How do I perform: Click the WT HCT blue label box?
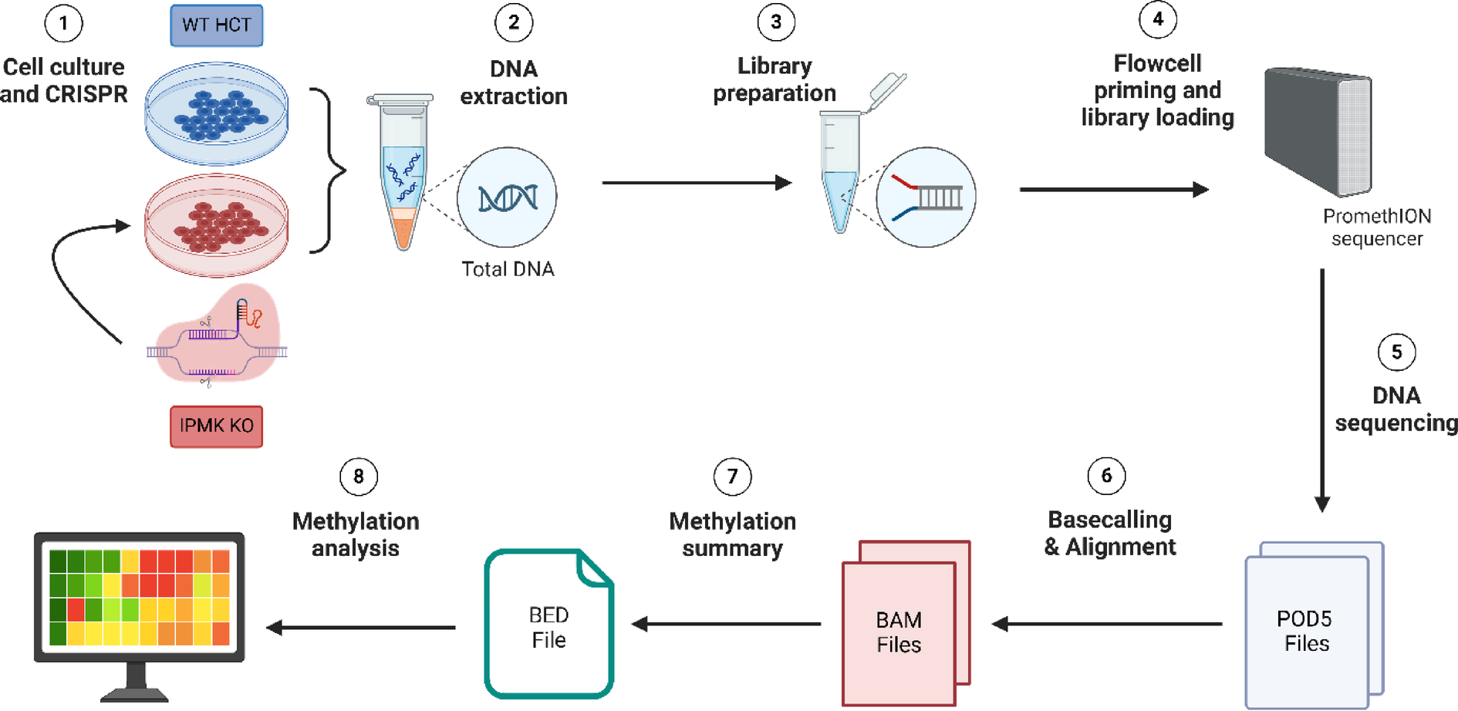[216, 25]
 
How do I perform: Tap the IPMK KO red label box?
[216, 426]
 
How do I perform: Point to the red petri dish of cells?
[217, 224]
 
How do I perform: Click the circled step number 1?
[63, 23]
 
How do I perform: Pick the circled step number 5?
[1396, 352]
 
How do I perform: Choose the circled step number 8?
[359, 477]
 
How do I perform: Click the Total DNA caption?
[508, 269]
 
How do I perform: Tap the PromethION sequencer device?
[1318, 131]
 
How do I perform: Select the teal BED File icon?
[549, 624]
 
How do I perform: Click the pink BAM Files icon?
[906, 623]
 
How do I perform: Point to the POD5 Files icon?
[1314, 625]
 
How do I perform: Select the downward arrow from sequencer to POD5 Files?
[1322, 390]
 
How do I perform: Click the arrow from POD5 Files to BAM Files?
[1107, 624]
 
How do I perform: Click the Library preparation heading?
[775, 79]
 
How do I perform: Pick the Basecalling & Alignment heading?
[1109, 533]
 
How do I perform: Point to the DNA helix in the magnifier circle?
[507, 198]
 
